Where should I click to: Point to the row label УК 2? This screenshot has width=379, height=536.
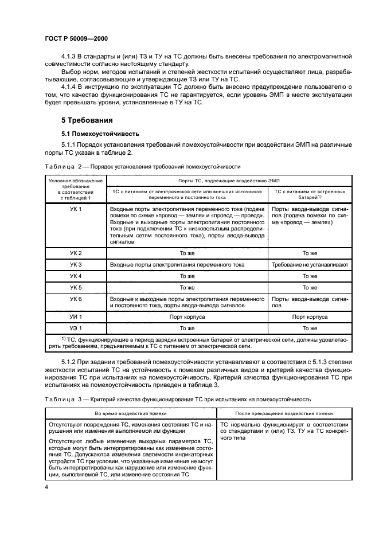[x=76, y=253]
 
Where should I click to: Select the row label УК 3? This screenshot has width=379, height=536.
[x=76, y=265]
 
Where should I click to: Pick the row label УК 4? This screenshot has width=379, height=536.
[x=76, y=276]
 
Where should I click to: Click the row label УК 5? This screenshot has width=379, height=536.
[x=76, y=287]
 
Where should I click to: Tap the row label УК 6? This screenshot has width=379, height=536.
[x=76, y=299]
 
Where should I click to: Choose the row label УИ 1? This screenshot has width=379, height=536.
[x=76, y=316]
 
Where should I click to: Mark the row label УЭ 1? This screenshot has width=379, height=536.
[x=76, y=328]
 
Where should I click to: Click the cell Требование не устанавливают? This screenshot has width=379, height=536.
[x=310, y=265]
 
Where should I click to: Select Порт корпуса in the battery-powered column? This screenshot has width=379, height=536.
[x=310, y=316]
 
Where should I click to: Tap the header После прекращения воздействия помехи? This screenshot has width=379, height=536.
[x=284, y=413]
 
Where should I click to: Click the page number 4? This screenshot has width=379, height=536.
[x=46, y=487]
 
